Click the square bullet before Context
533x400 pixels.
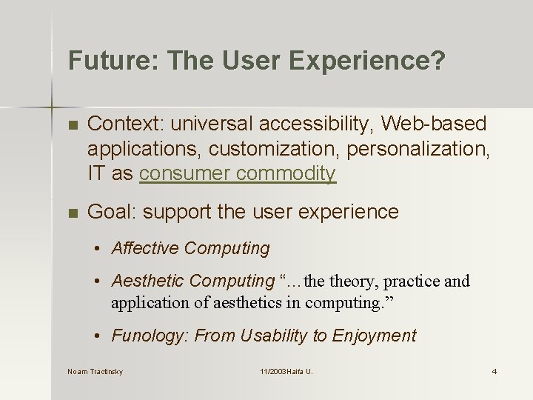(72, 124)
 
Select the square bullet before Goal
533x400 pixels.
(72, 213)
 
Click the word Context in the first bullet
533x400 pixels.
(121, 124)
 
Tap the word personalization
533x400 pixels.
(420, 149)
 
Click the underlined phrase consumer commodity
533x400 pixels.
(238, 173)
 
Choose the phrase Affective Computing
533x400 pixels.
(190, 248)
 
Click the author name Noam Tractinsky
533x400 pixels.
(95, 371)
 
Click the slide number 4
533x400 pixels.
(494, 371)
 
